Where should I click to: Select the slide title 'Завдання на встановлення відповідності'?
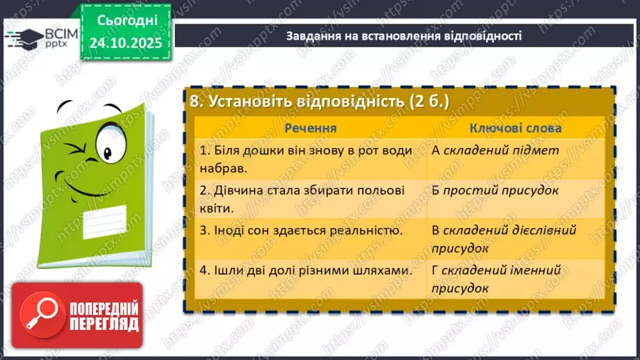(404, 35)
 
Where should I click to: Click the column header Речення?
(311, 128)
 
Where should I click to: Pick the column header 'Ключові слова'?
(516, 128)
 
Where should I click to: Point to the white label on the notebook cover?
(107, 222)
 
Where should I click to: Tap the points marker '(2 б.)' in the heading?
(429, 101)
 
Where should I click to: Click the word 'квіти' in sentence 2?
(215, 207)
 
